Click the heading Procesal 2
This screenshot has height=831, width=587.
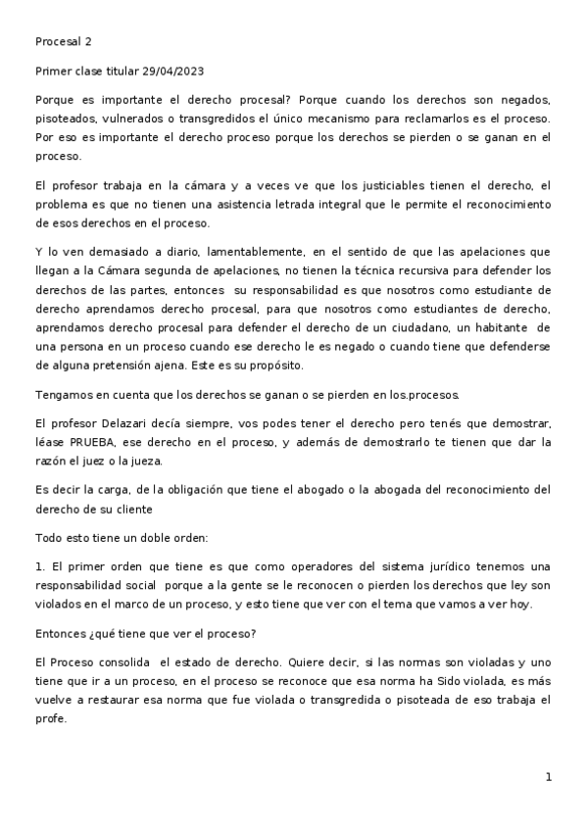tap(63, 42)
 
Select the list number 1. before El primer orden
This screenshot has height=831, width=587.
tap(40, 566)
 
